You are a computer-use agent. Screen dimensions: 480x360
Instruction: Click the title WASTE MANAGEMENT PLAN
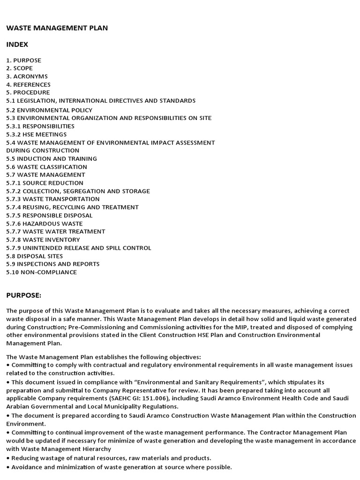coord(57,28)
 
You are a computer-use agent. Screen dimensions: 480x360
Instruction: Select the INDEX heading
coord(17,45)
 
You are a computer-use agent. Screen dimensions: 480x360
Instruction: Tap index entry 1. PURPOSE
coord(23,60)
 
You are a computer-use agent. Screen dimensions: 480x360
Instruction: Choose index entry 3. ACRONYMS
coord(27,76)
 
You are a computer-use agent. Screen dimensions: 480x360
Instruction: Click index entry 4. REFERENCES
coord(28,84)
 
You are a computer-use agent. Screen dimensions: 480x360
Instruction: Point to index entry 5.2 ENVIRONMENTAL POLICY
coord(49,110)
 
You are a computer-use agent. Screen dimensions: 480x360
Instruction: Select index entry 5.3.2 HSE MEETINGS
coord(36,135)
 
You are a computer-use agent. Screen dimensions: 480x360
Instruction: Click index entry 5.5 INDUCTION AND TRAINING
coord(52,159)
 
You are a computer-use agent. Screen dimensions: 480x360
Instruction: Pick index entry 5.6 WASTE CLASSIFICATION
coord(46,167)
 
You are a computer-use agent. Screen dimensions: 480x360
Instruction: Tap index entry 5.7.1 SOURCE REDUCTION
coord(45,183)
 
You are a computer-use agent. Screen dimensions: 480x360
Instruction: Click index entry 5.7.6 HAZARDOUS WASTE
coord(44,224)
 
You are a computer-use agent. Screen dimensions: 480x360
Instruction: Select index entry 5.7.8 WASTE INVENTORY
coord(43,240)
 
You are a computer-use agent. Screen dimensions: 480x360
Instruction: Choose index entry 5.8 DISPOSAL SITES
coord(34,256)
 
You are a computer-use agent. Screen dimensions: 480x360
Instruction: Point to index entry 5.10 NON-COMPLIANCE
coord(41,272)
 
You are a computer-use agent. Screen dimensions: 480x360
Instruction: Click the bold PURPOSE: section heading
coord(23,295)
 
